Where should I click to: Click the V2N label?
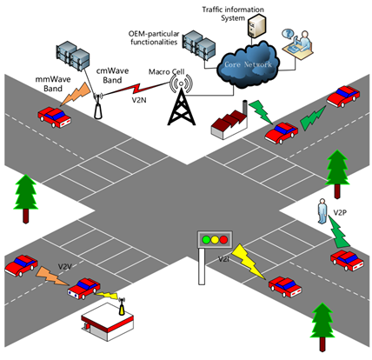pos(139,100)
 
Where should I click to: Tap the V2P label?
pos(340,213)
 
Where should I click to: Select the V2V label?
pos(65,267)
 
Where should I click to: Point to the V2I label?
pos(223,259)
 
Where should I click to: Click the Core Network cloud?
pos(249,65)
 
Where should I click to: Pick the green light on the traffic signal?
pos(206,240)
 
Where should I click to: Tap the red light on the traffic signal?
pos(223,240)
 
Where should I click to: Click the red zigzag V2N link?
pos(136,89)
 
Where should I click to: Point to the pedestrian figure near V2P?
pos(322,211)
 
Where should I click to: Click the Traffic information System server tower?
pos(256,26)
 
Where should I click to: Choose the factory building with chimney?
pos(229,120)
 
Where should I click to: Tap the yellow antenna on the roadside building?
pos(122,307)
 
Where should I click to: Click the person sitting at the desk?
pos(303,41)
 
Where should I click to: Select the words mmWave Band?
pos(53,83)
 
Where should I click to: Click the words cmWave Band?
pos(112,76)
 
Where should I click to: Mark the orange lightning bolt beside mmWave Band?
pos(76,94)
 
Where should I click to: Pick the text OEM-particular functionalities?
pos(154,38)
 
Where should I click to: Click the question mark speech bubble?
pos(288,34)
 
